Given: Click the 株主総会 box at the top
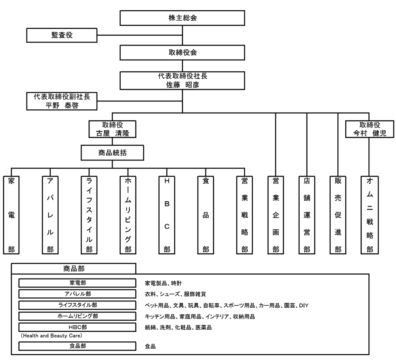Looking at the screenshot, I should click(182, 18).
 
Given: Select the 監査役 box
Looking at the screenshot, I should click(62, 35).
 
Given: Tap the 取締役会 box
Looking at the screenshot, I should click(182, 52).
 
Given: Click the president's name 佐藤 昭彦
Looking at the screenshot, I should click(182, 84).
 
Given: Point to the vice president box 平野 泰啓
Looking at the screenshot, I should click(62, 105).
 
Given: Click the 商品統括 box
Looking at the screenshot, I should click(112, 152).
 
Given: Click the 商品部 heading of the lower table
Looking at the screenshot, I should click(74, 268).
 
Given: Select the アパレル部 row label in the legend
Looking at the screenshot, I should click(78, 294).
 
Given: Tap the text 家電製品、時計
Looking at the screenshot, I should click(163, 283).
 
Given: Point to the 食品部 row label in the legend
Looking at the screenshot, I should click(78, 346).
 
